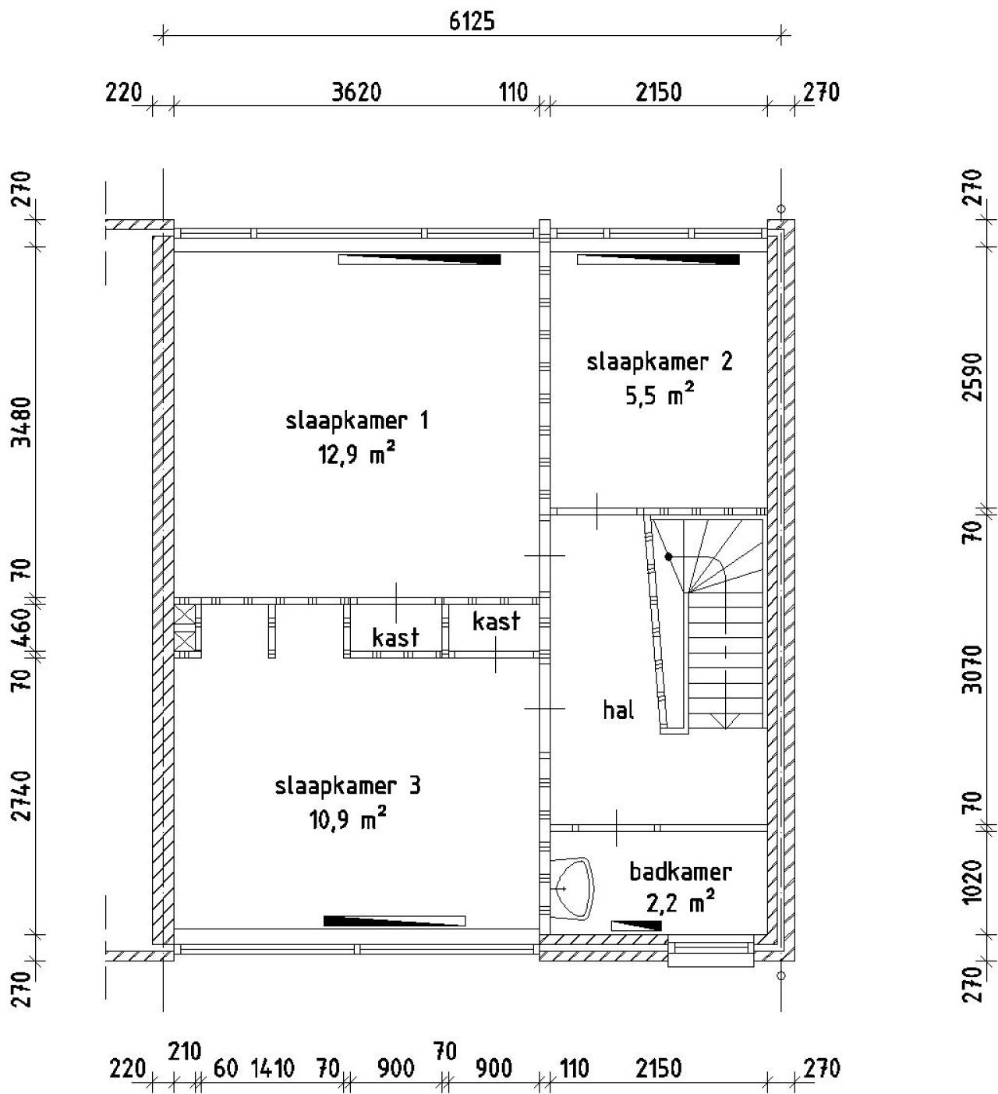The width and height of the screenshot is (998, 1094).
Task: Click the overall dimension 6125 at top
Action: coord(471,21)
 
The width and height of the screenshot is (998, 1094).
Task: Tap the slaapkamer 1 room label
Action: coord(357,421)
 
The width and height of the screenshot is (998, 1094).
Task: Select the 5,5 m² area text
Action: coord(659,396)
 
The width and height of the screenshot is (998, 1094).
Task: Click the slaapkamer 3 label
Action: coord(348,785)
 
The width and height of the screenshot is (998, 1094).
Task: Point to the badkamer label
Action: coord(680,871)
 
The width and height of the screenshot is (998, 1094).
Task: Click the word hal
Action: coord(618,710)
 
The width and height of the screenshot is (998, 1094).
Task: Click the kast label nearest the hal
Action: coord(496,621)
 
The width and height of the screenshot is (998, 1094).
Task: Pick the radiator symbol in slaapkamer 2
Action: coord(658,260)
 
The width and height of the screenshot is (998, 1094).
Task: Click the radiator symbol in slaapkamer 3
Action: coord(395,921)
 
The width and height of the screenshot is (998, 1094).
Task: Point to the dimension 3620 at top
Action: coord(356,93)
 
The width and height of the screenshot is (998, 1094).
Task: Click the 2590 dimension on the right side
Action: coord(971,377)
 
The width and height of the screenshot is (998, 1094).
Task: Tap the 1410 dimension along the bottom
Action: coord(272,1068)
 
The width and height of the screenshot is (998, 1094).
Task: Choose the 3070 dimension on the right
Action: coord(971,669)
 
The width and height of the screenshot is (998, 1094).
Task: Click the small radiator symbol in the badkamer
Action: coord(636,926)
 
